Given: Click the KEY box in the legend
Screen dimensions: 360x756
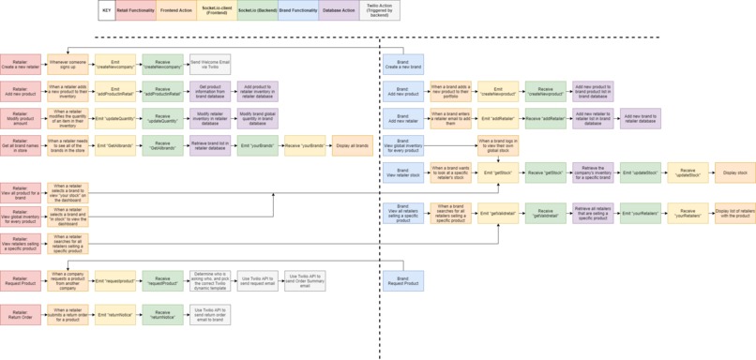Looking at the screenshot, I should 107,10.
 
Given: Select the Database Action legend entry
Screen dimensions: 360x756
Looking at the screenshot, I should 337,10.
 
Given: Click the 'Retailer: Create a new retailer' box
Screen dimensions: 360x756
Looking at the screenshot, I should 21,64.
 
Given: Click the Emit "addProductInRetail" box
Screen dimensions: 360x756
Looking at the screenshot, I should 115,92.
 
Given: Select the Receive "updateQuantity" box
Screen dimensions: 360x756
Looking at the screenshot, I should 162,118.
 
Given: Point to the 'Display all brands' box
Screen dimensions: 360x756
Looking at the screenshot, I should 352,145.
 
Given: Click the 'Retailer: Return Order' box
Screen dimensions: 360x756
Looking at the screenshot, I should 21,314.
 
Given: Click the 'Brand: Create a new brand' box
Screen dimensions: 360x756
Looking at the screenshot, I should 403,64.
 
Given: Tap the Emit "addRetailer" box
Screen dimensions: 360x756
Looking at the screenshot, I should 498,118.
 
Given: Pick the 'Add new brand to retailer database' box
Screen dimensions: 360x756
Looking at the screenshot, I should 641,118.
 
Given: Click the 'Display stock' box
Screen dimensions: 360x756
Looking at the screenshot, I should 735,172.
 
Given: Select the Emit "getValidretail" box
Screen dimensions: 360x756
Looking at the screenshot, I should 498,213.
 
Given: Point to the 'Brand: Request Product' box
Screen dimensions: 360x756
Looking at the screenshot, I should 403,279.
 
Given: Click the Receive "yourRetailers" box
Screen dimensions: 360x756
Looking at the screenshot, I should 688,213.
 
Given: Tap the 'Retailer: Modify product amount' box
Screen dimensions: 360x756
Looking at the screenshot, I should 21,118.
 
